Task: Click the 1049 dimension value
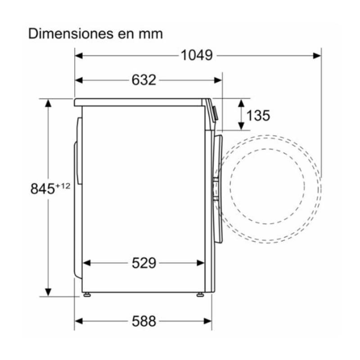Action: pyautogui.click(x=197, y=55)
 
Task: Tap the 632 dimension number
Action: pyautogui.click(x=144, y=80)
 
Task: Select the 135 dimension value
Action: pyautogui.click(x=258, y=115)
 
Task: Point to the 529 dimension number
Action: pyautogui.click(x=144, y=263)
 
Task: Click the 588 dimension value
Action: pyautogui.click(x=144, y=321)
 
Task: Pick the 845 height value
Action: pyautogui.click(x=43, y=189)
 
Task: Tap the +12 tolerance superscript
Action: pyautogui.click(x=63, y=186)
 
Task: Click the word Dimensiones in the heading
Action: pyautogui.click(x=71, y=34)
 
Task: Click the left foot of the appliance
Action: pyautogui.click(x=87, y=294)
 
